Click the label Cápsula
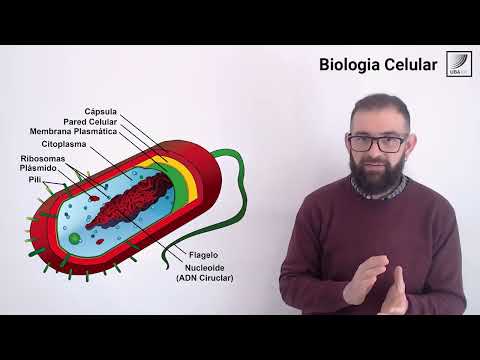click(101, 111)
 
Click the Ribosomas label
click(44, 158)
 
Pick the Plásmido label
click(44, 168)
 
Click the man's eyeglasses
click(378, 142)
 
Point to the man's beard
click(379, 178)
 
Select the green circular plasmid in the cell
click(74, 238)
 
